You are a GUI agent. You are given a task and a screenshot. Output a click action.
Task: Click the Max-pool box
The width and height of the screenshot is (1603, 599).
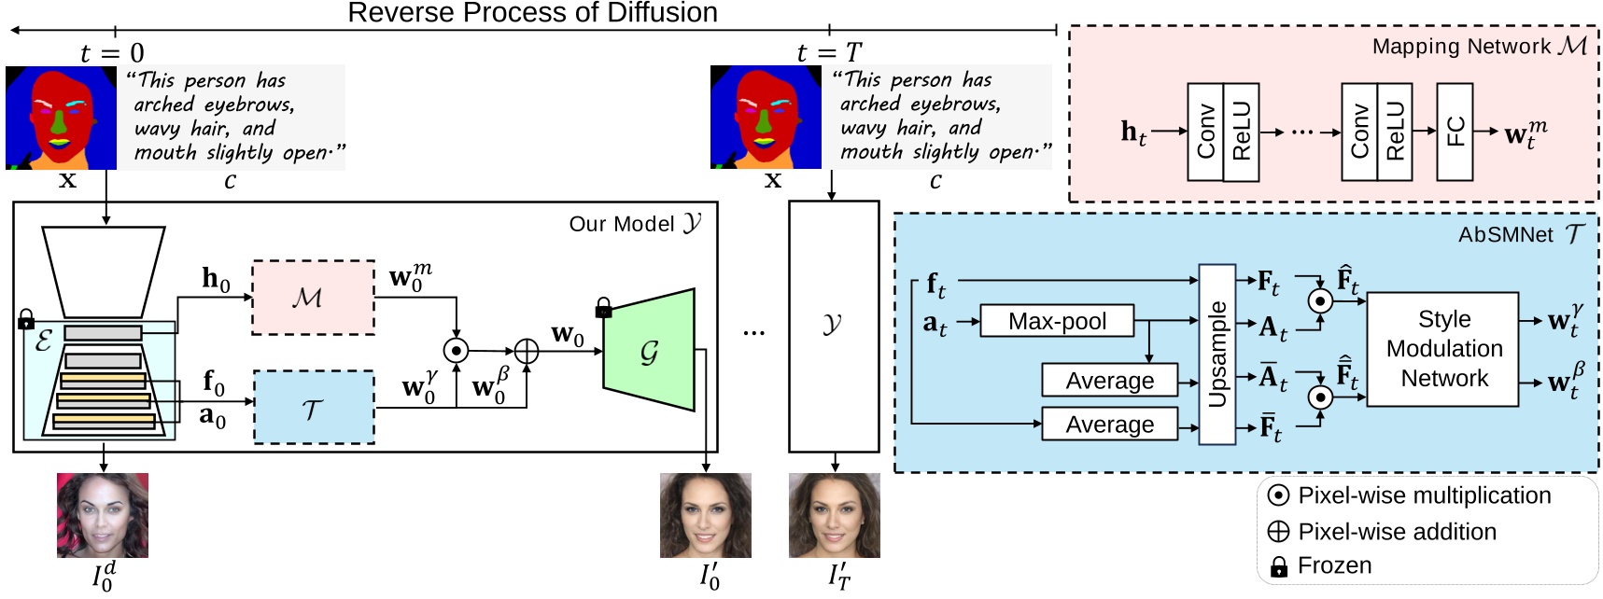[x=1057, y=321]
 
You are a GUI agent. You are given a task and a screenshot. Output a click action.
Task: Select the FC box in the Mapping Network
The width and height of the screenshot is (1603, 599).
[x=1455, y=132]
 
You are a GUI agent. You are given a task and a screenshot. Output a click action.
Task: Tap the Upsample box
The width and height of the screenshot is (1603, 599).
[x=1216, y=355]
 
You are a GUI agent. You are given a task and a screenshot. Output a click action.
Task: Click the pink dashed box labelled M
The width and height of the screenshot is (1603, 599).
[x=313, y=298]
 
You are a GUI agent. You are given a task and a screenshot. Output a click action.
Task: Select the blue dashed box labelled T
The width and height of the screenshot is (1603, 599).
[x=313, y=408]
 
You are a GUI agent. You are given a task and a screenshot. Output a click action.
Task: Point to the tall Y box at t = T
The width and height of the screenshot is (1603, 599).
[x=833, y=326]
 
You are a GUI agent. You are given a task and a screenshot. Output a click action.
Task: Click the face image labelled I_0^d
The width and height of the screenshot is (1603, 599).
[x=103, y=515]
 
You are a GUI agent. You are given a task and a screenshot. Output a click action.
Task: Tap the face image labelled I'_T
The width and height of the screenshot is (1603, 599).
[x=834, y=515]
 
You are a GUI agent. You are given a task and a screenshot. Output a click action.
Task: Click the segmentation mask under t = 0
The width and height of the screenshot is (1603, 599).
[x=61, y=118]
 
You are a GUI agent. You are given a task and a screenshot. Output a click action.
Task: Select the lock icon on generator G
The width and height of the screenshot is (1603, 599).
[x=604, y=309]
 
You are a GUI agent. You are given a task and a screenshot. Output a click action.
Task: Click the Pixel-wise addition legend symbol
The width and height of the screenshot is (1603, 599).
[x=1278, y=532]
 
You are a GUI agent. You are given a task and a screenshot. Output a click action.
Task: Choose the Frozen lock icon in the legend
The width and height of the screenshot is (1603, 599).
[x=1278, y=566]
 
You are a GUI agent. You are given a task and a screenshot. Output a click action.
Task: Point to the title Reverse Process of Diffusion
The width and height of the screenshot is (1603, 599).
[x=532, y=13]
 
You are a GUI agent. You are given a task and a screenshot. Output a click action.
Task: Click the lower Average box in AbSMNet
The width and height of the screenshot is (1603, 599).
[x=1109, y=425]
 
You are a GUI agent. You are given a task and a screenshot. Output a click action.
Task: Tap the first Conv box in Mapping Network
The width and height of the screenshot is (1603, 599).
[x=1205, y=132]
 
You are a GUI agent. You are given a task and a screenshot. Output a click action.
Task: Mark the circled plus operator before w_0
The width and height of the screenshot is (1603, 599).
[x=527, y=351]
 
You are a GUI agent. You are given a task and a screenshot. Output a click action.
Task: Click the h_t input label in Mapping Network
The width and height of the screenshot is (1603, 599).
[x=1133, y=132]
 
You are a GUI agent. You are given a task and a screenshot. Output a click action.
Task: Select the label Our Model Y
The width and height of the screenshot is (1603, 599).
[x=635, y=224]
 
